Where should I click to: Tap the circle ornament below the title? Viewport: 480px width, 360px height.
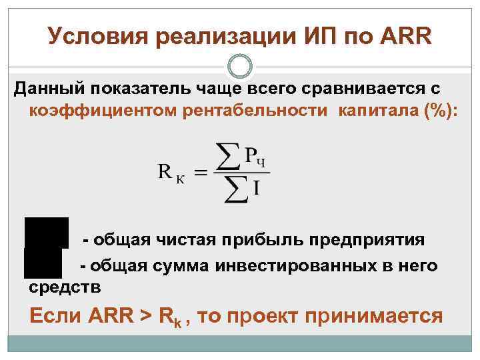[x=239, y=66]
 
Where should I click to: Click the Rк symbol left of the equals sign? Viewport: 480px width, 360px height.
[x=172, y=173]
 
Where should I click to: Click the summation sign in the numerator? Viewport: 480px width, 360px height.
[x=231, y=156]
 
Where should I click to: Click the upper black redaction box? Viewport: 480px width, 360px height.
[x=47, y=232]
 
